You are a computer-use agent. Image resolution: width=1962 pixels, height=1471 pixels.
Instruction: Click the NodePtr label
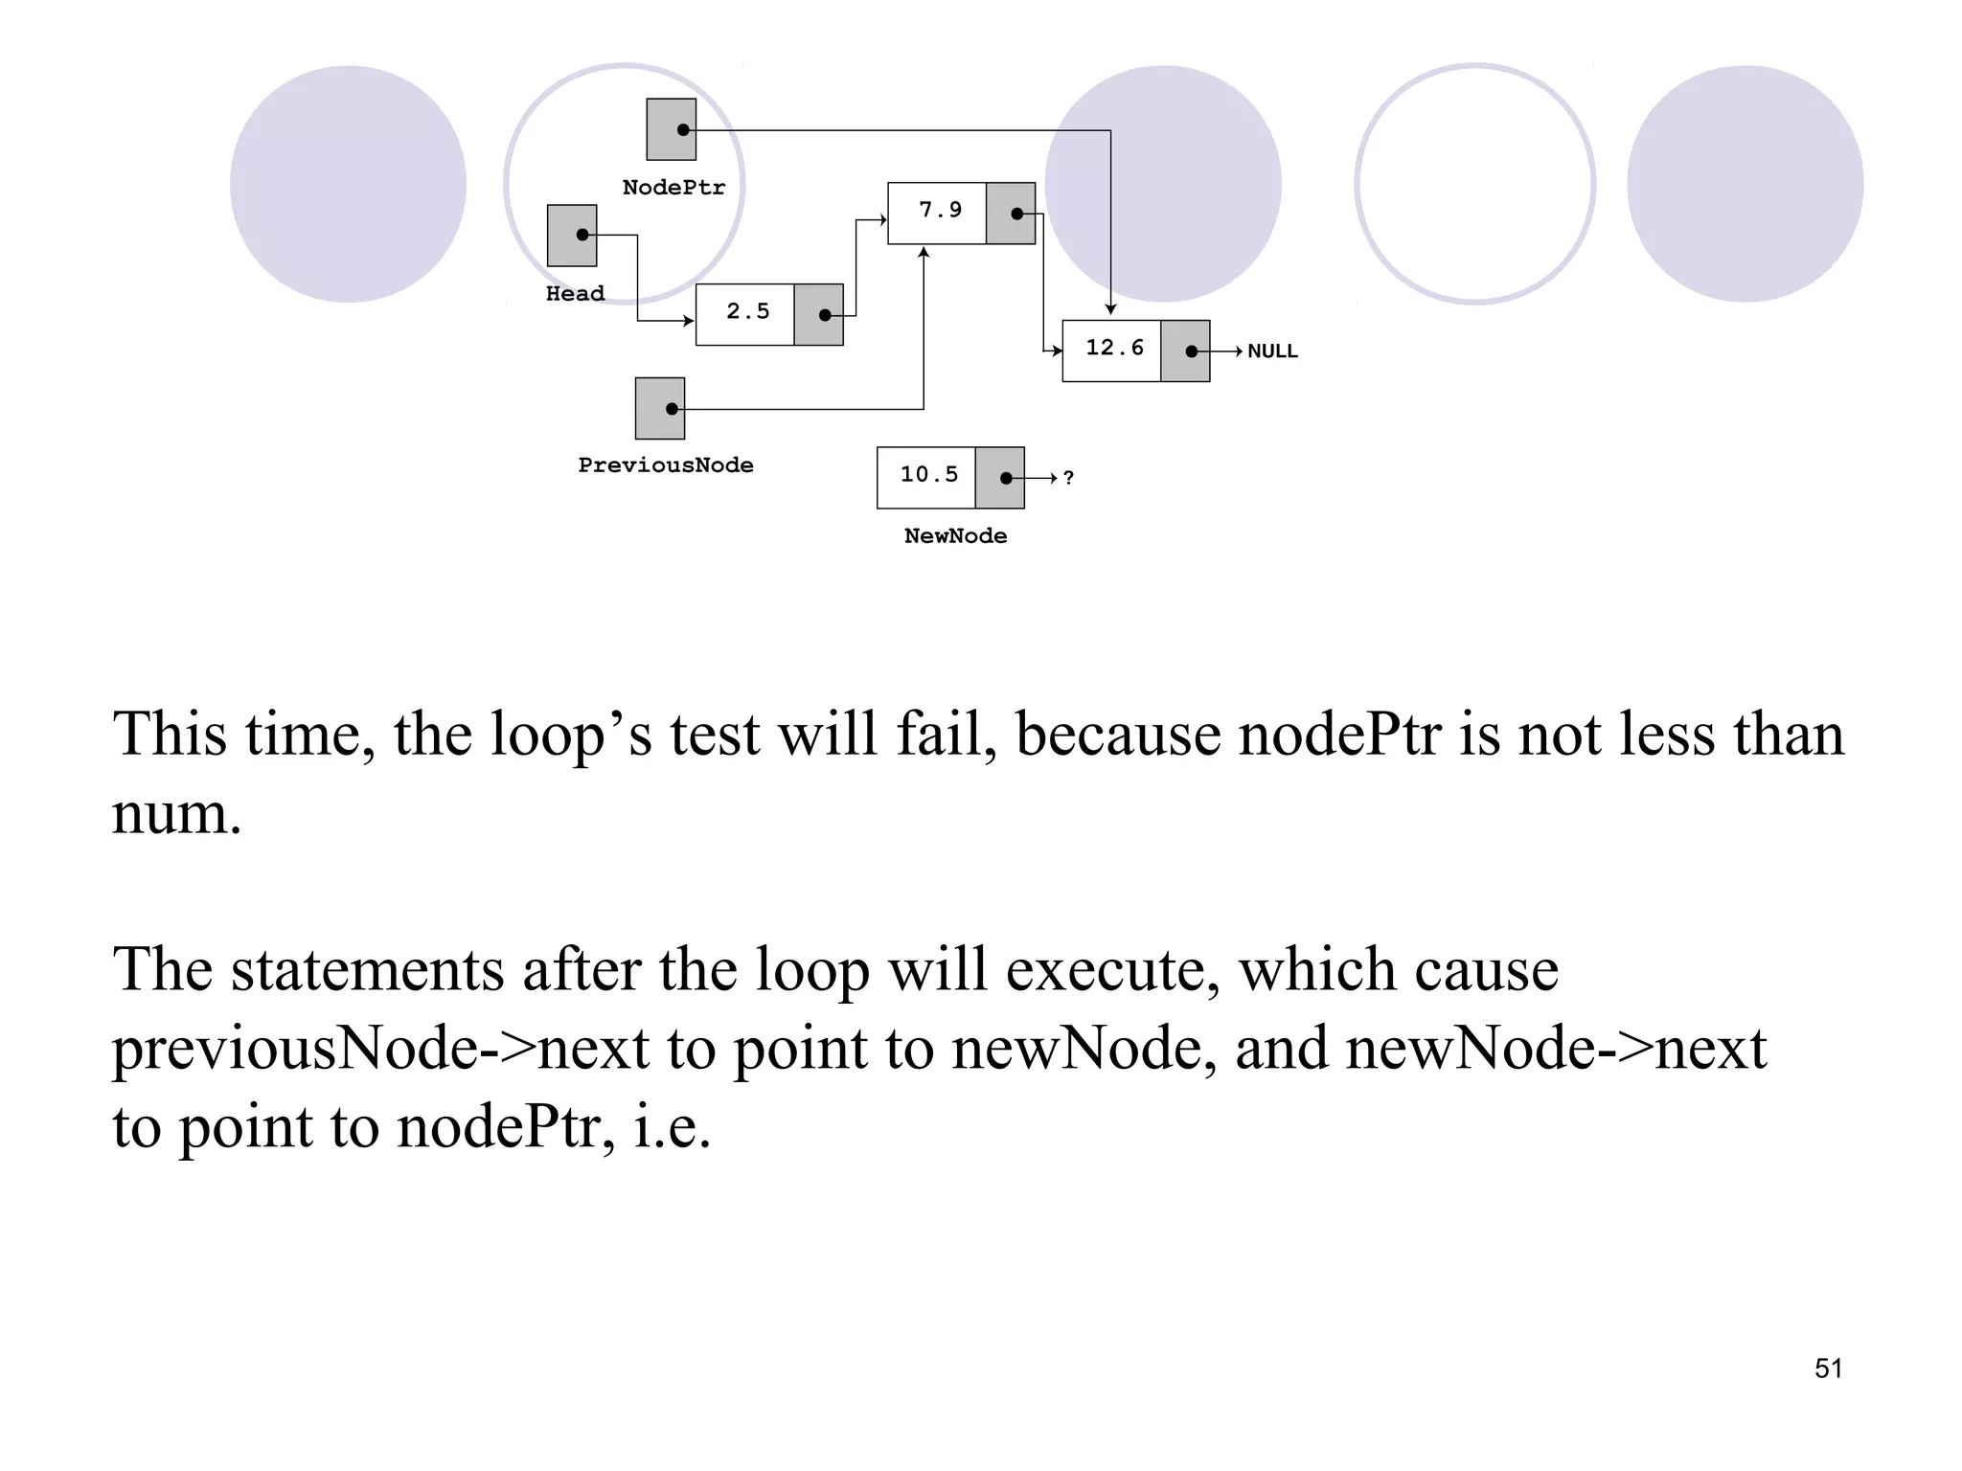pyautogui.click(x=673, y=188)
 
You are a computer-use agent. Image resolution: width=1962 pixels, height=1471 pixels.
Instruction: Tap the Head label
pyautogui.click(x=575, y=294)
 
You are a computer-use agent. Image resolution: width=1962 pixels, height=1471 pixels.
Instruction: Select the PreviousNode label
pyautogui.click(x=666, y=465)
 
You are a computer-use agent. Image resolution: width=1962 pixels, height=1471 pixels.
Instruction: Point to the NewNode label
pyautogui.click(x=955, y=536)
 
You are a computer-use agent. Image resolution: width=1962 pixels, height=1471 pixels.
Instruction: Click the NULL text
pyautogui.click(x=1272, y=351)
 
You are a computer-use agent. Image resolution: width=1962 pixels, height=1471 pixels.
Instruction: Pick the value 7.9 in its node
pyautogui.click(x=940, y=211)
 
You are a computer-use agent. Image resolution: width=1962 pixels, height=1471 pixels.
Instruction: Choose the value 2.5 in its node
pyautogui.click(x=747, y=312)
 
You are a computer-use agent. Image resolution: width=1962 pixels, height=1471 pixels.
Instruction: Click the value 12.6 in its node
pyautogui.click(x=1114, y=349)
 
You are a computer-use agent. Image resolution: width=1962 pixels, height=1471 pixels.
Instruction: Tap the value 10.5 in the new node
pyautogui.click(x=928, y=475)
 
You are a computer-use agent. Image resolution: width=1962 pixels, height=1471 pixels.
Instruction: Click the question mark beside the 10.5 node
pyautogui.click(x=1068, y=478)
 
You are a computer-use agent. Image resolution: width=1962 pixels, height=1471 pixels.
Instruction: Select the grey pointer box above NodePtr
pyautogui.click(x=671, y=129)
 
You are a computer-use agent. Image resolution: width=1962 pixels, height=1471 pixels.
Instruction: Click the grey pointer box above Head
pyautogui.click(x=572, y=236)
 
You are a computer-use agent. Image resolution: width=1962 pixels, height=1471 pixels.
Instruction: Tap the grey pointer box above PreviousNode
pyautogui.click(x=660, y=409)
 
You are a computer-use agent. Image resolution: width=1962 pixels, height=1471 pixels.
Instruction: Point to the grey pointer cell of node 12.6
pyautogui.click(x=1185, y=351)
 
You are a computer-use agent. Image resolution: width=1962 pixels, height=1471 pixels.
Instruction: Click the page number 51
pyautogui.click(x=1828, y=1369)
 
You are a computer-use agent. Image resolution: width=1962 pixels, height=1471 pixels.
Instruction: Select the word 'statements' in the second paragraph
pyautogui.click(x=367, y=969)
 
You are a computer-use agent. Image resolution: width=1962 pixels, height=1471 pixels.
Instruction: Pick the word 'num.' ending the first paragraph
pyautogui.click(x=177, y=814)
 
